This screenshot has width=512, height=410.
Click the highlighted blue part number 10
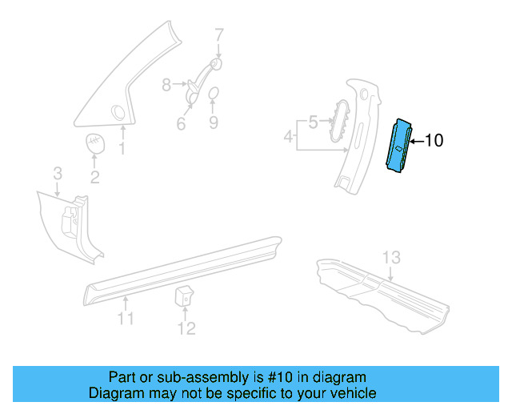(x=400, y=148)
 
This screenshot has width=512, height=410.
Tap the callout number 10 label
(x=433, y=141)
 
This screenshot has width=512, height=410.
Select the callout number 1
(x=122, y=149)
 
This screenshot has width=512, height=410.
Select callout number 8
(x=166, y=84)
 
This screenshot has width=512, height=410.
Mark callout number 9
(x=214, y=123)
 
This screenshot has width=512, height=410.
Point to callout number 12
(x=186, y=328)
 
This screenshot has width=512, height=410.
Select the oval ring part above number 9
(x=214, y=96)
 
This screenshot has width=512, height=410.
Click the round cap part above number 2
(x=96, y=144)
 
